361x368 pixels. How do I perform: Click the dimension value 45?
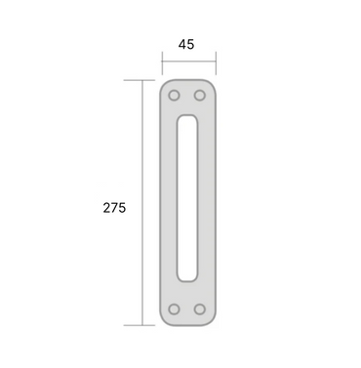pyautogui.click(x=186, y=44)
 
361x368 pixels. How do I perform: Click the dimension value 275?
pyautogui.click(x=114, y=208)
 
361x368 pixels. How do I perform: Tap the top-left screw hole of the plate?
pyautogui.click(x=174, y=96)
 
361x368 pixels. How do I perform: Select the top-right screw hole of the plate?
pyautogui.click(x=200, y=96)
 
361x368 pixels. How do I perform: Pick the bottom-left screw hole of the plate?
pyautogui.click(x=174, y=309)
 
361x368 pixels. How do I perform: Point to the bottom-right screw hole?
pyautogui.click(x=200, y=309)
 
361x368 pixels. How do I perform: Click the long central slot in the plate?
pyautogui.click(x=187, y=198)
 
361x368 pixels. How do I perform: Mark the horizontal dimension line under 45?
pyautogui.click(x=189, y=61)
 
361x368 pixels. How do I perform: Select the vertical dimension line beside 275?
pyautogui.click(x=142, y=202)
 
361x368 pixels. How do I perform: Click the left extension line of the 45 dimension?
pyautogui.click(x=162, y=62)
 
